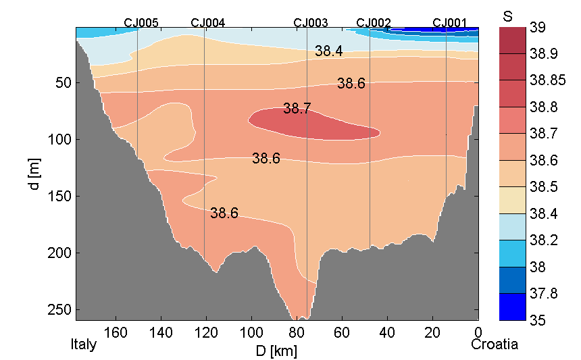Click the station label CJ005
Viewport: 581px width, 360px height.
tap(141, 22)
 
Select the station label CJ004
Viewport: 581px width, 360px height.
tap(208, 22)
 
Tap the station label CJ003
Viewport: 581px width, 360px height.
tap(311, 22)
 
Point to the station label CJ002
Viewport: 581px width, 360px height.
tap(374, 22)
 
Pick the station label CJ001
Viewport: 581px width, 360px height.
tap(450, 22)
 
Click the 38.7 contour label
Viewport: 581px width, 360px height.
tap(297, 108)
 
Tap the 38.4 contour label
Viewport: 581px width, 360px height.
tap(329, 51)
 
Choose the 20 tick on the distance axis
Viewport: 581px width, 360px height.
tap(433, 332)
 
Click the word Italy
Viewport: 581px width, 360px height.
tap(84, 345)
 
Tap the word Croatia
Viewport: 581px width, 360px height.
tap(495, 345)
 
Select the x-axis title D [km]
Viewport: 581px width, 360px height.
tap(277, 351)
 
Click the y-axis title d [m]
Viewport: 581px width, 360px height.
tap(35, 174)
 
